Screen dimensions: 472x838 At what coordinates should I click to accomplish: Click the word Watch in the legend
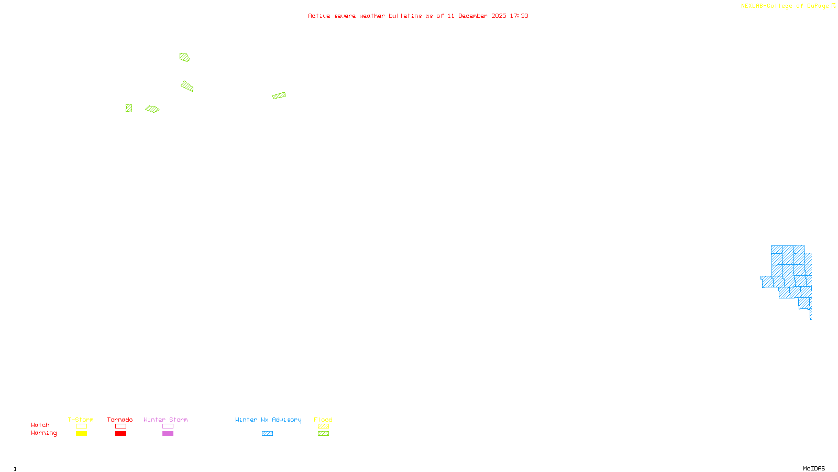point(40,425)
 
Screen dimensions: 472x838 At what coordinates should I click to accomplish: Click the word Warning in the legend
point(44,433)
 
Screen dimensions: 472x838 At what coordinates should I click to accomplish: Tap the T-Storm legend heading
point(81,420)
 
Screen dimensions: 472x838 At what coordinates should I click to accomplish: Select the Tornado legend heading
point(120,420)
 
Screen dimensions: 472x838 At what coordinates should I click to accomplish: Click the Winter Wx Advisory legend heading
point(268,420)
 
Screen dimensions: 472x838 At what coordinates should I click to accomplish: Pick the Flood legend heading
point(323,420)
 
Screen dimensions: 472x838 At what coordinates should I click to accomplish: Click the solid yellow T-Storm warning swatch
point(81,434)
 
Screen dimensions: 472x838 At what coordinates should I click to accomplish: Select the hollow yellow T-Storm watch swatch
point(81,426)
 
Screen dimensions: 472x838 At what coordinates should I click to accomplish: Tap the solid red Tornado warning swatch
point(120,434)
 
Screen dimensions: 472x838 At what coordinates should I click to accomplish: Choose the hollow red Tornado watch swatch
point(120,426)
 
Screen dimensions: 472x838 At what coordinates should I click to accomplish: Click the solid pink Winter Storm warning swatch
point(168,434)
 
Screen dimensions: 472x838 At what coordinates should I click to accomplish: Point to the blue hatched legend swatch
point(267,434)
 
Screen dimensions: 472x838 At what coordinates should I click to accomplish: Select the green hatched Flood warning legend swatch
point(324,434)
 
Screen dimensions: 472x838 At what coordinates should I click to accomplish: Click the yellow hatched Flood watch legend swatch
point(324,426)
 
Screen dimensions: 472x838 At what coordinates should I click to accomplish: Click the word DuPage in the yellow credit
point(818,6)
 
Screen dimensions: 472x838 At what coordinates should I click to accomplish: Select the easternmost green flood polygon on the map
point(279,95)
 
